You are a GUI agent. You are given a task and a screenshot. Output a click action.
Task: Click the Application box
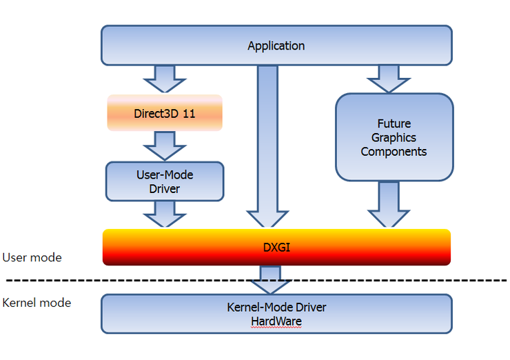[x=276, y=46]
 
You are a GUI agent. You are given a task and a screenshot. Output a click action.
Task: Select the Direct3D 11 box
[x=165, y=113]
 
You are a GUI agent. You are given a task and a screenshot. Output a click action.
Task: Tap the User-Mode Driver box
[x=165, y=182]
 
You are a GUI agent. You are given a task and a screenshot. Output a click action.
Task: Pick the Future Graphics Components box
[x=394, y=137]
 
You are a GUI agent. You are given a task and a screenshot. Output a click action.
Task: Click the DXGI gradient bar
[x=276, y=247]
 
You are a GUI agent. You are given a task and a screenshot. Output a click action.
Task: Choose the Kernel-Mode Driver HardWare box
[x=276, y=314]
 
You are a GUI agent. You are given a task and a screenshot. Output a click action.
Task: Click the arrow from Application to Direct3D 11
[x=165, y=79]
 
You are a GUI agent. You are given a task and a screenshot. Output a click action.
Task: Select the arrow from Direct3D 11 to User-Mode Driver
[x=165, y=146]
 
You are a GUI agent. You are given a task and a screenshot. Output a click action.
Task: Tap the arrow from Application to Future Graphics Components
[x=388, y=79]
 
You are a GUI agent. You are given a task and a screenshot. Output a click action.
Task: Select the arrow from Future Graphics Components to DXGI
[x=388, y=204]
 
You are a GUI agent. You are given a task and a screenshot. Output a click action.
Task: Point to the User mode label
[x=32, y=257]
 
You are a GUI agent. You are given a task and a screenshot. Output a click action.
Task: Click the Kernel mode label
[x=37, y=303]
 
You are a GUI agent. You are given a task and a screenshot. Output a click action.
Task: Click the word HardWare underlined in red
[x=276, y=321]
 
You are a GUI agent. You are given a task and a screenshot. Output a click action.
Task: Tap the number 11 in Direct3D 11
[x=188, y=113]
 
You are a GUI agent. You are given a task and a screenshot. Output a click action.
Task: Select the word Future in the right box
[x=394, y=123]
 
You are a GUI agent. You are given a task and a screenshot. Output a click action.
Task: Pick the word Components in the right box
[x=394, y=151]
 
